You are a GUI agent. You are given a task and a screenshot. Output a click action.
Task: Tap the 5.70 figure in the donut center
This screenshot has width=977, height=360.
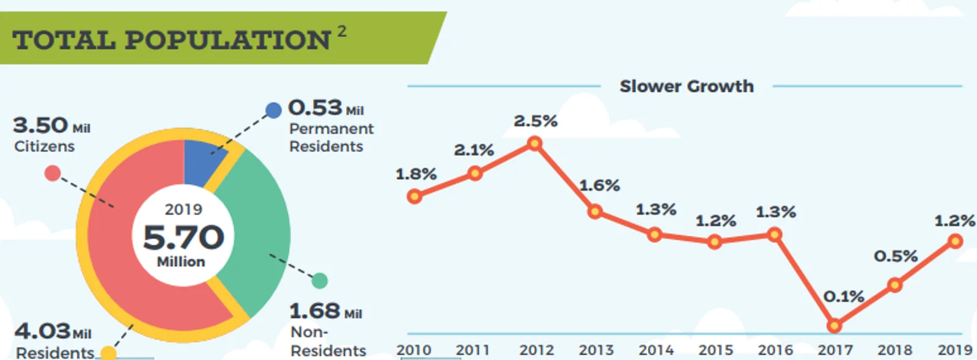point(183,237)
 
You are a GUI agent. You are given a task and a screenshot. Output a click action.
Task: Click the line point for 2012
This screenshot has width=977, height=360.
point(535,144)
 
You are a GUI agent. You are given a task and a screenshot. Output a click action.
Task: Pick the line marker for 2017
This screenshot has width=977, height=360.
point(834,326)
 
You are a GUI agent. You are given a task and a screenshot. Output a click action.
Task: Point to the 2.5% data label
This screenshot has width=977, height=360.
point(536,121)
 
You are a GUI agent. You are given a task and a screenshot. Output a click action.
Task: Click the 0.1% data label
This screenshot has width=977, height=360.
point(844,297)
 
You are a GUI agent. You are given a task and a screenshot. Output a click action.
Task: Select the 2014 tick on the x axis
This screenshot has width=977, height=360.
point(656,350)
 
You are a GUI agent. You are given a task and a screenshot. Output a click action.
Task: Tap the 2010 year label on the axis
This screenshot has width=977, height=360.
point(414,350)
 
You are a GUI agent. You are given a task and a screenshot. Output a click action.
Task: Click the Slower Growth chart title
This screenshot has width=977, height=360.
point(687,86)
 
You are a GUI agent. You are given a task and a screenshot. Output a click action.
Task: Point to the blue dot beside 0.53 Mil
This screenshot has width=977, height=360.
point(273,110)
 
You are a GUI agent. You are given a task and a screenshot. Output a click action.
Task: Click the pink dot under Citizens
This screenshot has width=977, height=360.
point(53,174)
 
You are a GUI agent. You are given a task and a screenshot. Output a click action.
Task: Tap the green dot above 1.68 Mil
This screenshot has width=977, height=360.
point(320,281)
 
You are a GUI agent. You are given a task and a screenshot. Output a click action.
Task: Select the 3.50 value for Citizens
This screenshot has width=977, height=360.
point(40,125)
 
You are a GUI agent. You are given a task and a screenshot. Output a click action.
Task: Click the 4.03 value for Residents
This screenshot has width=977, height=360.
point(43,331)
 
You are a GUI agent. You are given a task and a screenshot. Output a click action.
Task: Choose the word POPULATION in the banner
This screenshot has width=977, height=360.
point(227,40)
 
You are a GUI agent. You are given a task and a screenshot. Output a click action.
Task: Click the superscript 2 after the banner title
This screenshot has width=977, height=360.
point(342,31)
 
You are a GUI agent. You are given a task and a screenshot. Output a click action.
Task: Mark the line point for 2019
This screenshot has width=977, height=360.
point(955,241)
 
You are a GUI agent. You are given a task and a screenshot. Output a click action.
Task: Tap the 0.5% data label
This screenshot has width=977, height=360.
point(896,256)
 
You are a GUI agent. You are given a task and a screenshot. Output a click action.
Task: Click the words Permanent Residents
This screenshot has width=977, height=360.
point(331,138)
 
